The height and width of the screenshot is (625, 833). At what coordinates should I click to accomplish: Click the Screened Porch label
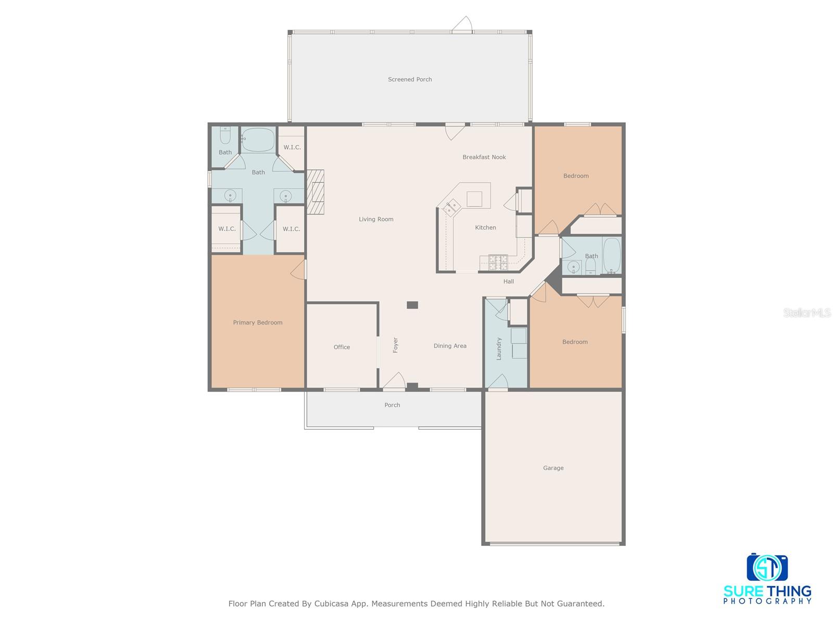[410, 79]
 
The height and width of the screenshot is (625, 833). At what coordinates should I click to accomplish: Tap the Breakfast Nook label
[484, 157]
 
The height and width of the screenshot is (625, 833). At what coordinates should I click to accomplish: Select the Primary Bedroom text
[258, 322]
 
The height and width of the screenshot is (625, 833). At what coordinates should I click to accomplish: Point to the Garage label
[553, 468]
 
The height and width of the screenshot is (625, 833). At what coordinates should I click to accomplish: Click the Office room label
[342, 347]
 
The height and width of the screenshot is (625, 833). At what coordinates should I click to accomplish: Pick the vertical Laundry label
[499, 348]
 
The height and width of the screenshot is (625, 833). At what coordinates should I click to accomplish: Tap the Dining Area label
[450, 346]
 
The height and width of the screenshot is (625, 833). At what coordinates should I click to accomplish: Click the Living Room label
[376, 219]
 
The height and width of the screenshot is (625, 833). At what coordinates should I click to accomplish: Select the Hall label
[509, 281]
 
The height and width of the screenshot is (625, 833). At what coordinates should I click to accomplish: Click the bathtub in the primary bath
[258, 140]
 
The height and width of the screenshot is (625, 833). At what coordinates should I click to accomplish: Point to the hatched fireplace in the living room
[315, 192]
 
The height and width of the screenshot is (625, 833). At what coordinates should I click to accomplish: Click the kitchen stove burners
[498, 262]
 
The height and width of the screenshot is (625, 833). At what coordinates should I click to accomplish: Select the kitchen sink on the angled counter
[451, 208]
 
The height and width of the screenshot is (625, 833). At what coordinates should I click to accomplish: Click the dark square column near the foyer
[412, 305]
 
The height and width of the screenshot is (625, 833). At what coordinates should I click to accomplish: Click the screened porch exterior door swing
[462, 24]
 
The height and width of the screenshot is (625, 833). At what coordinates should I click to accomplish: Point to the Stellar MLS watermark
[807, 312]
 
